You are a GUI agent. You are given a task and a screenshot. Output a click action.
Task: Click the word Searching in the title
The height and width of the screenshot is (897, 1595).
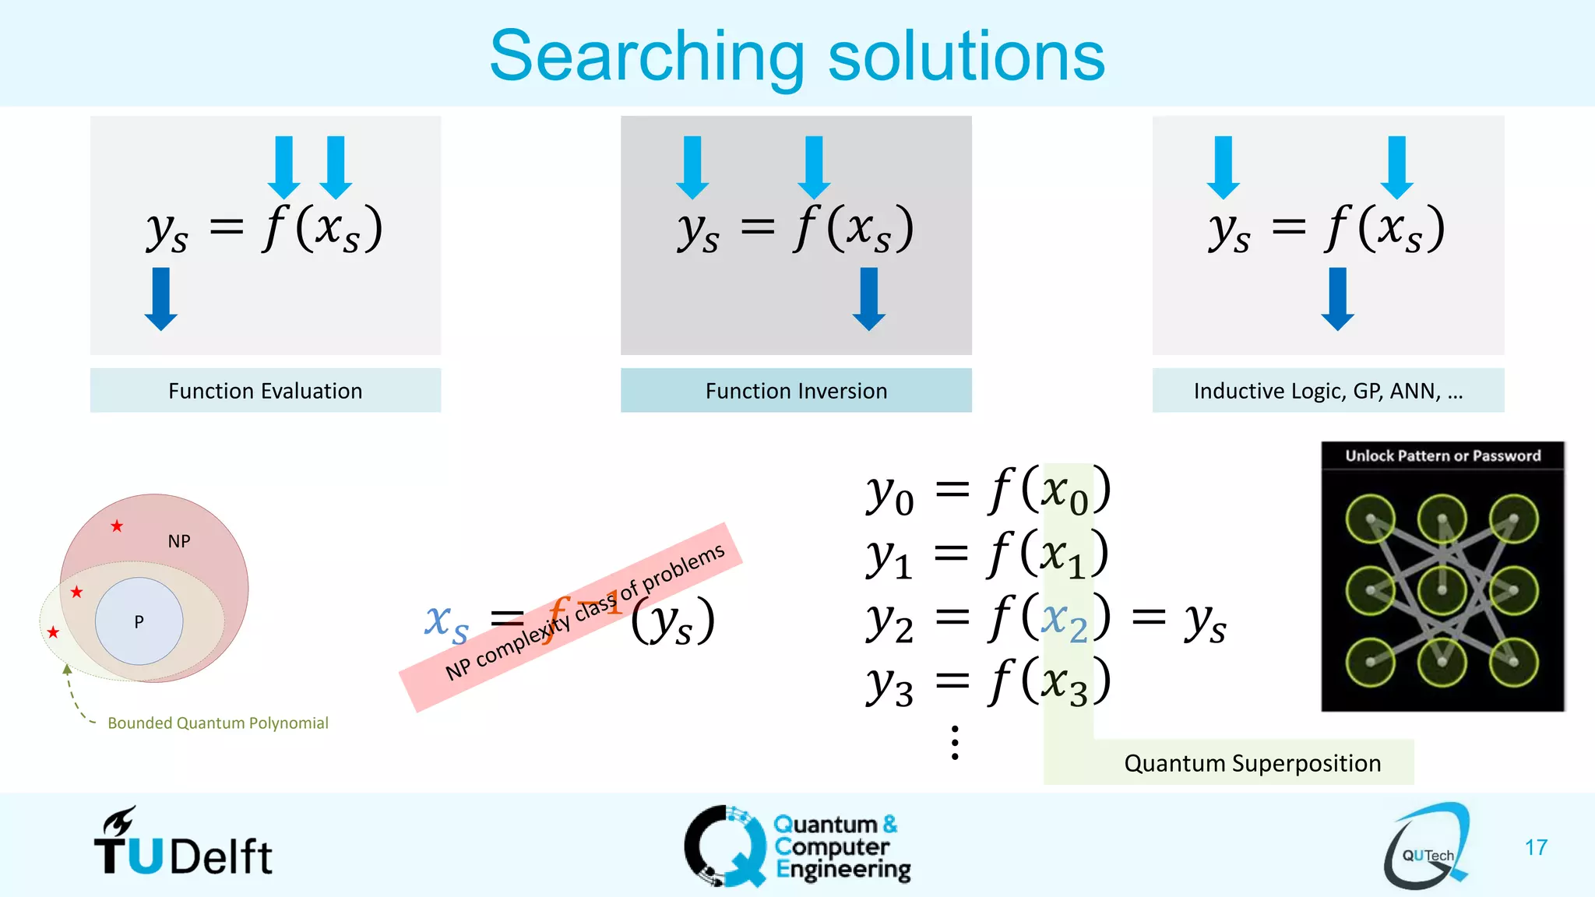coord(646,56)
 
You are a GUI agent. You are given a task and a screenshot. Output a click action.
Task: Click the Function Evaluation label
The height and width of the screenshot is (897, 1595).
coord(266,391)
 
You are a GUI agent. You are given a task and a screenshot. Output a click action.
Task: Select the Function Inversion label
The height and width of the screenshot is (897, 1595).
coord(796,391)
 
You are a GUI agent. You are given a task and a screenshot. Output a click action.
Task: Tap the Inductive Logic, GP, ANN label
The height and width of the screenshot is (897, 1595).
coord(1328,391)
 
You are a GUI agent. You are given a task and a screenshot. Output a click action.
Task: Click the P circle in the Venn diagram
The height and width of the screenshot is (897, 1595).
coord(139,621)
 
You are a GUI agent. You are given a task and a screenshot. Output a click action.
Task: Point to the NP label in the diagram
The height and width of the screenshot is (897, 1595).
coord(179,541)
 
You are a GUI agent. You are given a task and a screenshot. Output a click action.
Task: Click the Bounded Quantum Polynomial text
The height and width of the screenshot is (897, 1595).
coord(218,723)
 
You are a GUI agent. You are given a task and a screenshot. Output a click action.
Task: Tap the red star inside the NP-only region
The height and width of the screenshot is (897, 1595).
coord(117,526)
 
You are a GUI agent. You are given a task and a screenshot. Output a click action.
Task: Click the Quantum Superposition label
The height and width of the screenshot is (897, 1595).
coord(1252,763)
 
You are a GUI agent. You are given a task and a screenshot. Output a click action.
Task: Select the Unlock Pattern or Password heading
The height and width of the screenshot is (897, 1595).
coord(1442,456)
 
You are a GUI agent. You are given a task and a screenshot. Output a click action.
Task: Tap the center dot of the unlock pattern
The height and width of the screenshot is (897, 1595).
coord(1442,590)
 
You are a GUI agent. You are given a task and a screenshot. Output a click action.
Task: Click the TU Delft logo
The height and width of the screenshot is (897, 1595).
coord(183,845)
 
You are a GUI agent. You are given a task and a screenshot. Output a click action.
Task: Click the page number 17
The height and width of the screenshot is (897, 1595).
coord(1536,847)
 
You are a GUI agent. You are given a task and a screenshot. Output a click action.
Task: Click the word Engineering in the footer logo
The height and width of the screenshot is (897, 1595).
coord(843,869)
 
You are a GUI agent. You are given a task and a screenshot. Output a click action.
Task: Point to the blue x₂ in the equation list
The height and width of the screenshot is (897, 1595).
coord(1064,621)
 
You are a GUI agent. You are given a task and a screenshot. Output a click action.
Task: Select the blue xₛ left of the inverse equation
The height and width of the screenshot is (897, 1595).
coord(446,623)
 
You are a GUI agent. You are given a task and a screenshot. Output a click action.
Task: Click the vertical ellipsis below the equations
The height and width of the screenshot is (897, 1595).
coord(955,742)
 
